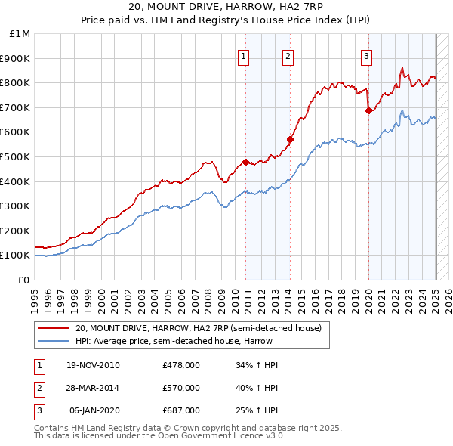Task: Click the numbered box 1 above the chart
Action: pyautogui.click(x=245, y=55)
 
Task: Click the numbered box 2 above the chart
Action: pyautogui.click(x=288, y=55)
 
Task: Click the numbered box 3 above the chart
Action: pyautogui.click(x=366, y=55)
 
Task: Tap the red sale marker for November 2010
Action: pyautogui.click(x=245, y=162)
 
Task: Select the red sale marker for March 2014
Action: pyautogui.click(x=290, y=139)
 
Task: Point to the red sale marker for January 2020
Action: pyautogui.click(x=368, y=110)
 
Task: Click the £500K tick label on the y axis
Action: pyautogui.click(x=14, y=156)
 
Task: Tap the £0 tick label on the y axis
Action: pyautogui.click(x=23, y=280)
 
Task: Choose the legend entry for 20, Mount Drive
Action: pyautogui.click(x=198, y=328)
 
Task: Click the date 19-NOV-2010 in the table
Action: pyautogui.click(x=94, y=365)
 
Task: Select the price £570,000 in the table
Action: pyautogui.click(x=181, y=388)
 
